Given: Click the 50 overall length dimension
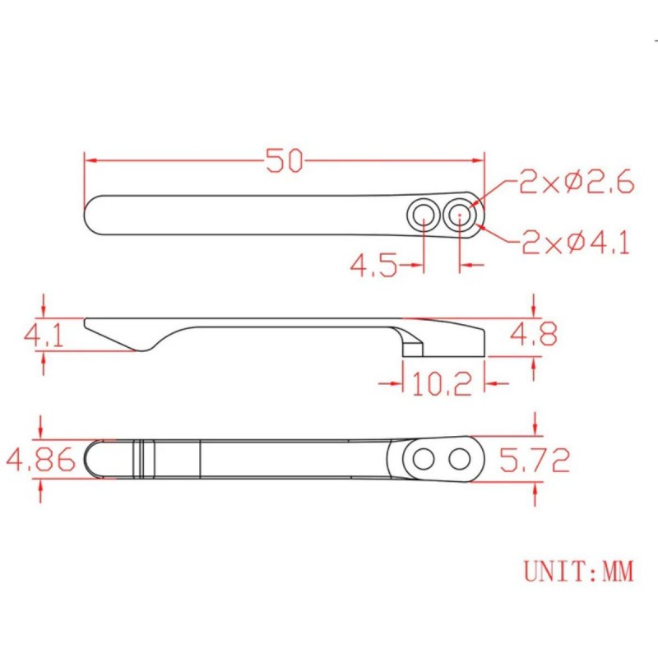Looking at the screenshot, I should pos(285,160).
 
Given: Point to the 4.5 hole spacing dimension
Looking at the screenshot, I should pos(374,266).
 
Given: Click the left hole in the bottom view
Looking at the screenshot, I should pos(424,458).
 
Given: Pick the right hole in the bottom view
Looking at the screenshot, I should pos(460,458).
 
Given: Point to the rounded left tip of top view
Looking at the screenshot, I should pos(91,215).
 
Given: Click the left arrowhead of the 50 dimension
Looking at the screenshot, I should pos(89,160).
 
